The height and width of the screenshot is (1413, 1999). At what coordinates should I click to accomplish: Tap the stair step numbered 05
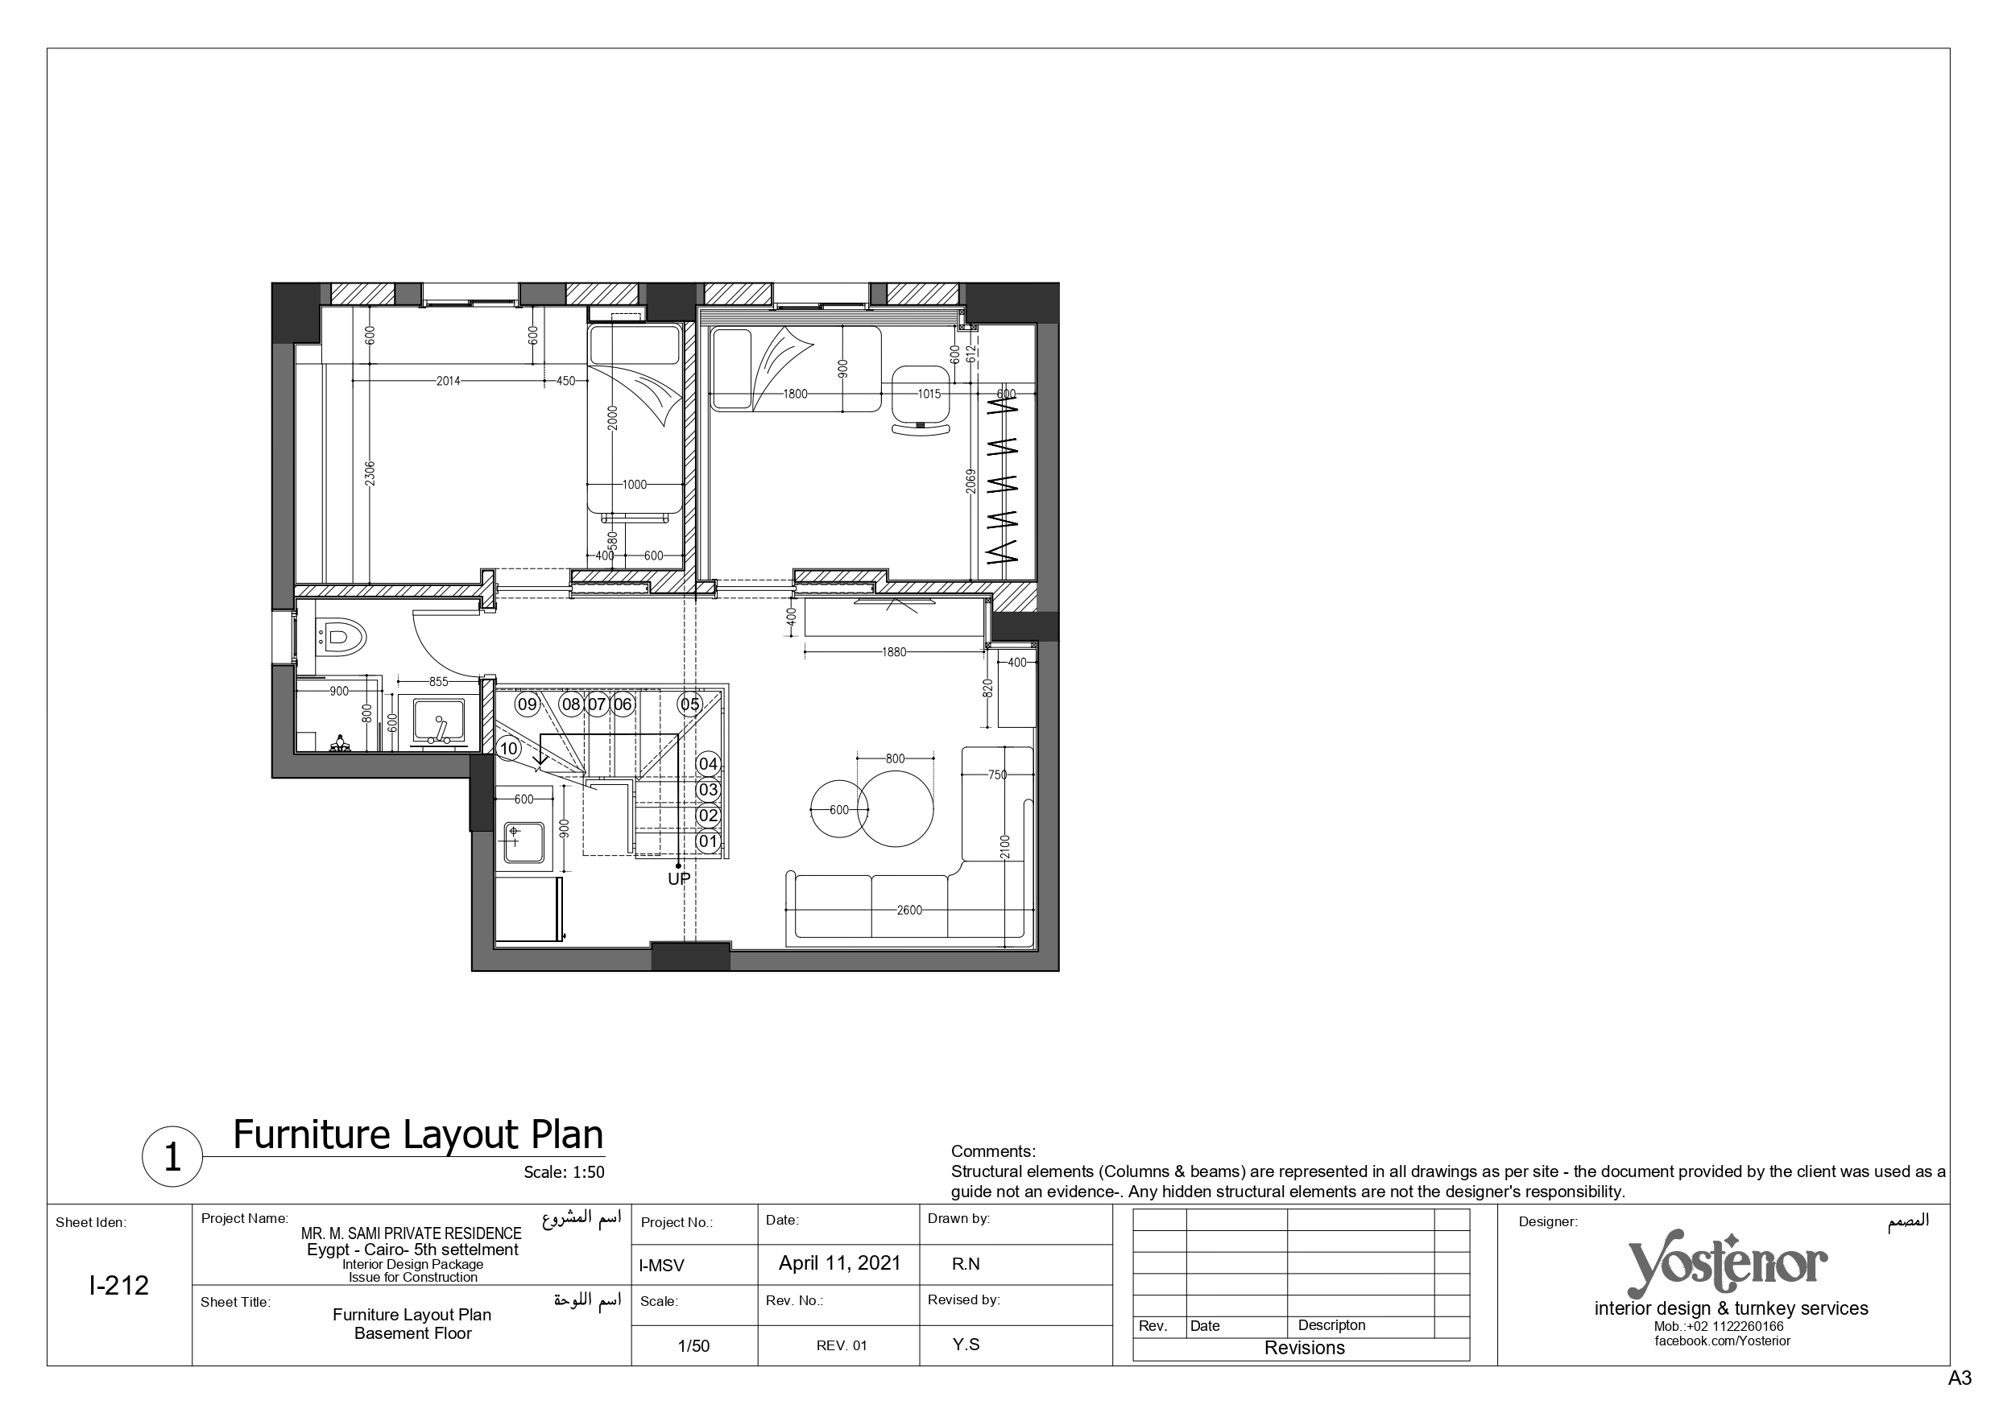(689, 704)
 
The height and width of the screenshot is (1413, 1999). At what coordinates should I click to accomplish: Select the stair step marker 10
(508, 748)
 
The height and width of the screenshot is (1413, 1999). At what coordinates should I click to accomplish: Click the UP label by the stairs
(679, 879)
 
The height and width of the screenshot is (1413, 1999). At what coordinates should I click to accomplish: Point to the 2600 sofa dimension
(909, 910)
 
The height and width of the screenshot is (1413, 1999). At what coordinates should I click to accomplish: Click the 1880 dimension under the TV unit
(894, 651)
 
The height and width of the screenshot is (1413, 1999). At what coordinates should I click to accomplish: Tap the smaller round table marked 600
(839, 810)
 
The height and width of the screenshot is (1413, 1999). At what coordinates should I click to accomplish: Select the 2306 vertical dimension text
(370, 473)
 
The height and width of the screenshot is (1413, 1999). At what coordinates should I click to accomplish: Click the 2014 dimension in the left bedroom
(449, 381)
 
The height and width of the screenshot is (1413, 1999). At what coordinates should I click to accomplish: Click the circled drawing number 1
(172, 1157)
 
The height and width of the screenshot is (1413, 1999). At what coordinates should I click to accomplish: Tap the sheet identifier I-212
(119, 1285)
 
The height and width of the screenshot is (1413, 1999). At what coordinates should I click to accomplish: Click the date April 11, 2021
(839, 1263)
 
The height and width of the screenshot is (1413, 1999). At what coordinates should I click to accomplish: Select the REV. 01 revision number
(842, 1345)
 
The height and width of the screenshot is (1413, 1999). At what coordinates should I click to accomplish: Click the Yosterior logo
(1728, 1265)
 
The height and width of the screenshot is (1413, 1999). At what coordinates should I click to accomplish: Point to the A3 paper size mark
(1959, 1378)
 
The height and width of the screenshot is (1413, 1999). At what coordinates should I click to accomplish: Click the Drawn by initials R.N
(966, 1264)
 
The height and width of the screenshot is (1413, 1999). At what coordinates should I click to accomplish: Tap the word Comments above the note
(993, 1152)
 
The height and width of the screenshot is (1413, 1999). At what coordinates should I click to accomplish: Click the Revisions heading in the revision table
(1304, 1348)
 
